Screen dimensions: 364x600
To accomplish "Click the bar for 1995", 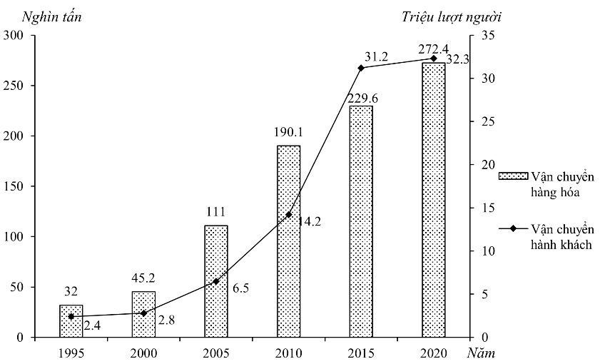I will coord(71,321).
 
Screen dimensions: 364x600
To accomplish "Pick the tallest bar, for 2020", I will coord(434,200).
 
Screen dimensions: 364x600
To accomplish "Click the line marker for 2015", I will coord(361,68).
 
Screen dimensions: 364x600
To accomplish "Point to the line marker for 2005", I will coord(216,281).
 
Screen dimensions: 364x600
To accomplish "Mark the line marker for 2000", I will coord(143,313).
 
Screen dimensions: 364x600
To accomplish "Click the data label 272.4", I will coord(433,49).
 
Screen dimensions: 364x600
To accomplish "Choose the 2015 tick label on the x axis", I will coord(361,353).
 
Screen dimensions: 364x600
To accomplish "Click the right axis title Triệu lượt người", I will coord(456,16).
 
